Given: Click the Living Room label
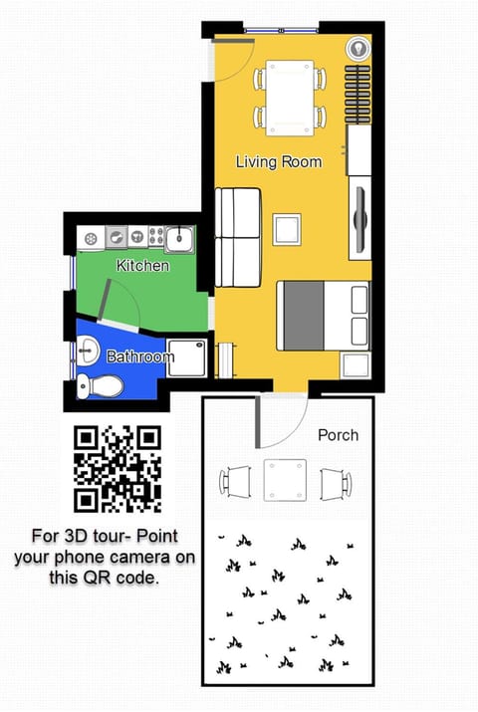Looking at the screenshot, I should [278, 161].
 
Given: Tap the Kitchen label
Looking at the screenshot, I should [142, 266].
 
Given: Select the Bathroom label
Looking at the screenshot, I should [140, 356].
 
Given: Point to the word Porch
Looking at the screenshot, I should [338, 435].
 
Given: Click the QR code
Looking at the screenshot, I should [119, 468].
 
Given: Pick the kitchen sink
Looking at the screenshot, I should [179, 238].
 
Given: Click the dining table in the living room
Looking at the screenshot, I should [289, 96].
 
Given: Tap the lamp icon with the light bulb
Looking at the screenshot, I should [356, 48].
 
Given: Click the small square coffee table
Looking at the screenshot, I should [288, 229].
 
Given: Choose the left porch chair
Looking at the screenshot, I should [238, 482].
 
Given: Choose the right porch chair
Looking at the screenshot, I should [334, 483].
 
